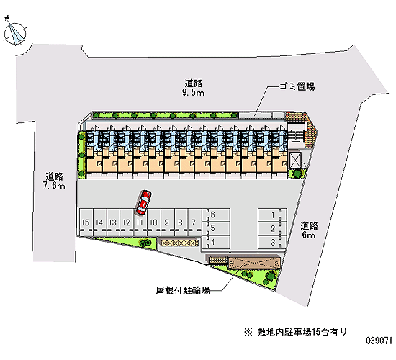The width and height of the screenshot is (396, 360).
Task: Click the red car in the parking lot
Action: [144, 202]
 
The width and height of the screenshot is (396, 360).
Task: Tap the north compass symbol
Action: [14, 33]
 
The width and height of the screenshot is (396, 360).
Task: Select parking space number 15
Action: [86, 222]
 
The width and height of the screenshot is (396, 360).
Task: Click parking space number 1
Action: [272, 215]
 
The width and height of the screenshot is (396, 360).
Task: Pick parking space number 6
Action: [216, 215]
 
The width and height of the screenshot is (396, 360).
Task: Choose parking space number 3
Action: [272, 242]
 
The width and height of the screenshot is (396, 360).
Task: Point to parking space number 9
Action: [168, 222]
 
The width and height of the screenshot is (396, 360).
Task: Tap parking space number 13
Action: [113, 222]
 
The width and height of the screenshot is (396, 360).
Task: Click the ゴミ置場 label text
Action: [297, 86]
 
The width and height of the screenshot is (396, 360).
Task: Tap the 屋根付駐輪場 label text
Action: [183, 291]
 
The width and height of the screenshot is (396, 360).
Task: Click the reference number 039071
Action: [379, 341]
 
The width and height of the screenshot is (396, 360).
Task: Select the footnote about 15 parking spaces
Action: [295, 332]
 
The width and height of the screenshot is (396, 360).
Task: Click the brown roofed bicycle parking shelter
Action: [254, 263]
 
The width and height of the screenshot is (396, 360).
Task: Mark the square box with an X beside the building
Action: [295, 160]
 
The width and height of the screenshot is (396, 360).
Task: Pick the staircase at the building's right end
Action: [297, 136]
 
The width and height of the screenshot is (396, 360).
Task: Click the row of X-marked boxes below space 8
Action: [180, 243]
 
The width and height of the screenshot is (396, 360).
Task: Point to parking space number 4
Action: [216, 242]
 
